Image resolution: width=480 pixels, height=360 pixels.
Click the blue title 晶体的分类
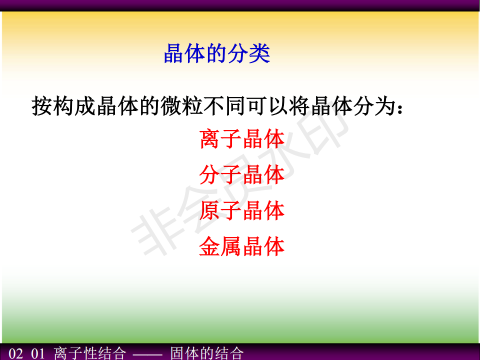[x=216, y=53]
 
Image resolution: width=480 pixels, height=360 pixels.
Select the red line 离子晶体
[x=242, y=139]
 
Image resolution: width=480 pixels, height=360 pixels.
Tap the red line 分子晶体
[x=242, y=175]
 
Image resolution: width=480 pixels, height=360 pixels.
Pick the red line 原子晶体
[x=242, y=210]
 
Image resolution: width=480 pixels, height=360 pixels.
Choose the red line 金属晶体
[x=242, y=246]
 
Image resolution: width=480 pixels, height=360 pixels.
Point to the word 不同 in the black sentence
[x=224, y=106]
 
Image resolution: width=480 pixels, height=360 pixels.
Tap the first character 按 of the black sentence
[x=42, y=106]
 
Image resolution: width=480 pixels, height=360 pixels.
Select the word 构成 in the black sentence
[x=74, y=106]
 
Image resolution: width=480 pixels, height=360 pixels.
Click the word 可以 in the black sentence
[x=267, y=106]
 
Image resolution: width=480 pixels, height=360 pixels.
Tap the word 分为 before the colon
[x=374, y=106]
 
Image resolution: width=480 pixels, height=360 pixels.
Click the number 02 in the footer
[x=15, y=354]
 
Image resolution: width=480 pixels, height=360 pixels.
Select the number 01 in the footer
[x=38, y=354]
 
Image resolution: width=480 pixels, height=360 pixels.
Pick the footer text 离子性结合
[x=89, y=353]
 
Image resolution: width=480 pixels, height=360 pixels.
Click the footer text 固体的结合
[x=207, y=353]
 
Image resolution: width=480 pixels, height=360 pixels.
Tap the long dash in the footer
[x=147, y=355]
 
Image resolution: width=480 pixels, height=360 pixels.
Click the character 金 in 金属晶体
[x=209, y=246]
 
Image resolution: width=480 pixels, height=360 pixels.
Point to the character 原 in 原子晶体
[x=209, y=210]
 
